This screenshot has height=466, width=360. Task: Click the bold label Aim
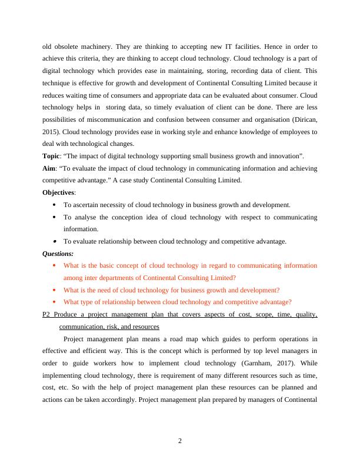[49, 168]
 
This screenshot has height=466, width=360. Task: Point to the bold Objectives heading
[59, 192]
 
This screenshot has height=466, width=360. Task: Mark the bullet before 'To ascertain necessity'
[54, 205]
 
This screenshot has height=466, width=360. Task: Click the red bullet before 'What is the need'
[54, 290]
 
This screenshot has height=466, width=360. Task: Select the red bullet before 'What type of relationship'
[54, 302]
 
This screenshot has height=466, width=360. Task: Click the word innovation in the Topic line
[281, 155]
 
